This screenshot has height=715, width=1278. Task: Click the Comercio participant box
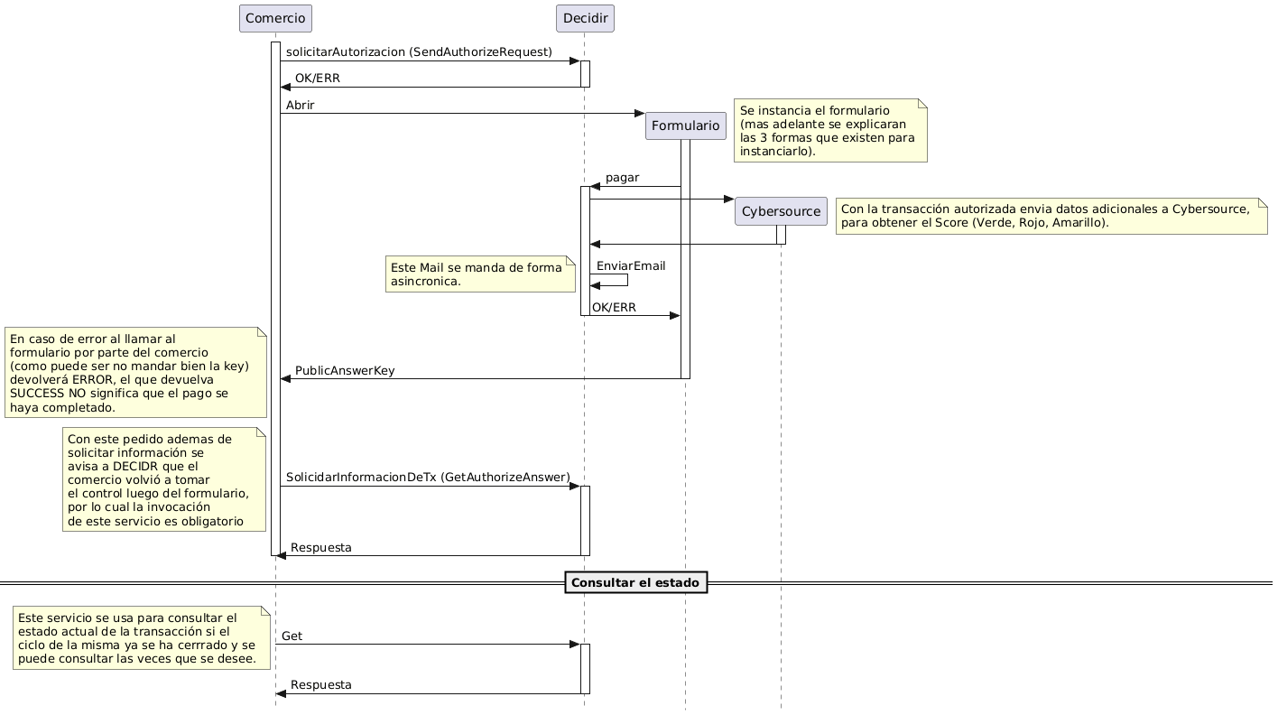275,18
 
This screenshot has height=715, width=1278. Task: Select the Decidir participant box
585,18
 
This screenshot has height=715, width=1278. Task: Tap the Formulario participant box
685,125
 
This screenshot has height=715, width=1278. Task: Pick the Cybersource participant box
781,211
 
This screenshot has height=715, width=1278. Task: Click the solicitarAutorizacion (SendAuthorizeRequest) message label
419,53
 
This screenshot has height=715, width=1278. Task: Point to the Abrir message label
301,106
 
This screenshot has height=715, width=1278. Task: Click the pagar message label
623,178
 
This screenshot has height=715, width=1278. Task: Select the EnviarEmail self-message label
631,265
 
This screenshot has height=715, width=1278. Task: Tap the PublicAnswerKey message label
345,371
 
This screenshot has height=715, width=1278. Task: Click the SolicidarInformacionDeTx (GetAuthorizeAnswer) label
428,477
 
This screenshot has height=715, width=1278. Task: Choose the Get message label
292,636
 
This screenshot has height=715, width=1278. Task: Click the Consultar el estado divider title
635,583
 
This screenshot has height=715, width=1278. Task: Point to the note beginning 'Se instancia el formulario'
830,130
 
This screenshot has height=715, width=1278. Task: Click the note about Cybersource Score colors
1051,216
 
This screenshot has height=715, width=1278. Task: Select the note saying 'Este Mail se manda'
480,274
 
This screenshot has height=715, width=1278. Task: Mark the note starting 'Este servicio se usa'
142,637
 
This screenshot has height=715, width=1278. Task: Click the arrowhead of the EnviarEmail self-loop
595,285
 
